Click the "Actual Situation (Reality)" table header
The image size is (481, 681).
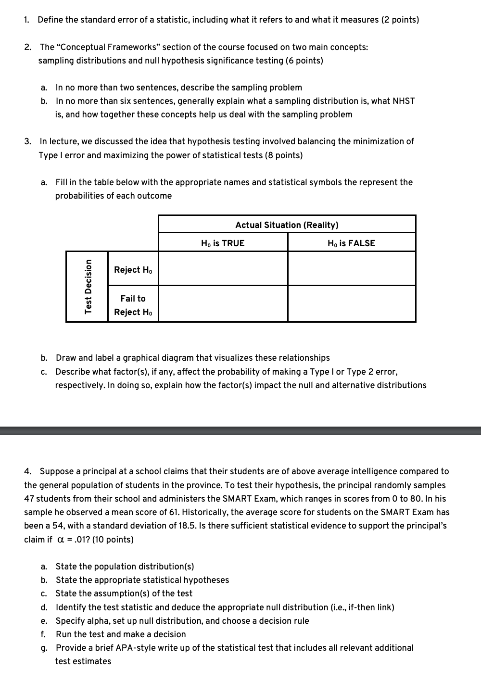click(x=287, y=225)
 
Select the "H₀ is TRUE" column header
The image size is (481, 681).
click(x=223, y=243)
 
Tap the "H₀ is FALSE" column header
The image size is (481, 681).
click(x=351, y=243)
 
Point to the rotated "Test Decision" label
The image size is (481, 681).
click(x=88, y=286)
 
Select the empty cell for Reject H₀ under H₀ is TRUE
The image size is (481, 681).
click(x=223, y=269)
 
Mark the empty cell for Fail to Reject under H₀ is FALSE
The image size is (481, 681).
click(x=351, y=304)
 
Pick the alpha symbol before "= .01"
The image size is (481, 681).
click(x=61, y=540)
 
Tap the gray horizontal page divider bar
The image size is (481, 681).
click(x=240, y=430)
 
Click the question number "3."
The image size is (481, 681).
click(x=28, y=141)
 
